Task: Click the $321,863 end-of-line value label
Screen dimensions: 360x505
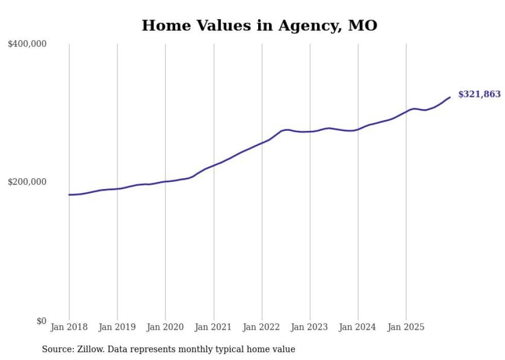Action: (479, 94)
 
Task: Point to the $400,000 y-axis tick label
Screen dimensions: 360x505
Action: (27, 44)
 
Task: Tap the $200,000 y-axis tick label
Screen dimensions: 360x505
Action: (27, 182)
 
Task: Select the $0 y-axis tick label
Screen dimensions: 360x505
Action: (41, 321)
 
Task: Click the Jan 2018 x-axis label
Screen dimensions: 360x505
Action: (69, 327)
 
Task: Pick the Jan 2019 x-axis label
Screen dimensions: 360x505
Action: (117, 327)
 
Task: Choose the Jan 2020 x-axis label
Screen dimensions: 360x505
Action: (165, 327)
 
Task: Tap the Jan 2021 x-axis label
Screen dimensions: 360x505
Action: (213, 327)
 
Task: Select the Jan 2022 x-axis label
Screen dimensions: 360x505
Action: (262, 327)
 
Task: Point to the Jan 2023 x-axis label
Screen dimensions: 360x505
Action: (310, 327)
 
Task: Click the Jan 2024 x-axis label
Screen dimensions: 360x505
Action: (358, 327)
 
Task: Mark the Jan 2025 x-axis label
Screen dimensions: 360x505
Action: (406, 327)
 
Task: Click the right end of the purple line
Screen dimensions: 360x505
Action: (450, 97)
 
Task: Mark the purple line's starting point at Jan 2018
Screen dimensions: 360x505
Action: (69, 195)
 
